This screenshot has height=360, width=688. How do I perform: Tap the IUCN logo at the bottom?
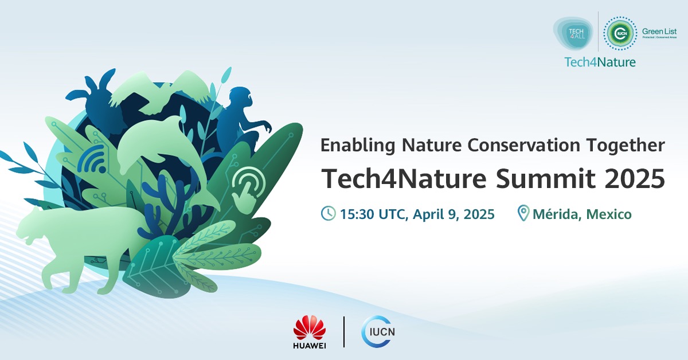(x=378, y=332)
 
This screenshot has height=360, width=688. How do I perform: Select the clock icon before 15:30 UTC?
(x=328, y=214)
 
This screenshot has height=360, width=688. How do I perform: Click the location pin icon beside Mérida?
(x=523, y=214)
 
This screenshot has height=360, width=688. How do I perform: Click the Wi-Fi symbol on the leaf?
(x=93, y=160)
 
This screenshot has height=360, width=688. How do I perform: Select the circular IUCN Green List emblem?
(x=620, y=33)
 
